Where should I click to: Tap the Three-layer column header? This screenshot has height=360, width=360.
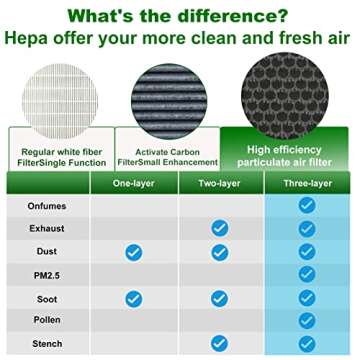tap(308, 183)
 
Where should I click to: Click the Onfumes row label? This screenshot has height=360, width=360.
tap(46, 205)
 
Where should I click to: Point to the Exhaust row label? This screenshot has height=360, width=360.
tap(46, 228)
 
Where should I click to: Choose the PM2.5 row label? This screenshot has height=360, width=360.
tap(46, 275)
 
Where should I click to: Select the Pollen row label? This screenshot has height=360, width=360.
tap(46, 321)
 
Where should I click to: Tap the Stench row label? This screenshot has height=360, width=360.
tap(46, 343)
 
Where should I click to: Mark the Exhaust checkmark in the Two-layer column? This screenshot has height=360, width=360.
tap(221, 228)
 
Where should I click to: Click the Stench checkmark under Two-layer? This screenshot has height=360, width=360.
tap(221, 343)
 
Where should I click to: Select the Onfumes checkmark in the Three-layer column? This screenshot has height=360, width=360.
tap(308, 205)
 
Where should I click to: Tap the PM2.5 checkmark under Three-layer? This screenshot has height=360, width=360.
tap(308, 275)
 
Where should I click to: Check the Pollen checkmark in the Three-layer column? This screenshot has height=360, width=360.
tap(308, 321)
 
